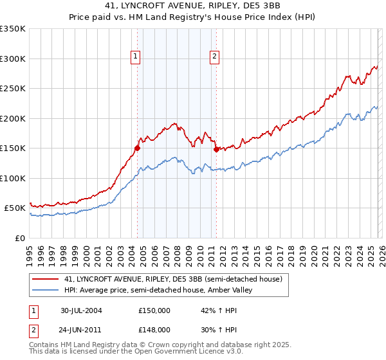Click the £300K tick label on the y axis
click(12, 59)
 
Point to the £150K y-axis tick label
click(12, 148)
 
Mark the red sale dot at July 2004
click(138, 148)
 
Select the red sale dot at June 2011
click(216, 149)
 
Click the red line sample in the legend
click(46, 280)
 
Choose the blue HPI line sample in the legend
click(46, 291)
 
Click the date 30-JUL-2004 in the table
click(81, 310)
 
